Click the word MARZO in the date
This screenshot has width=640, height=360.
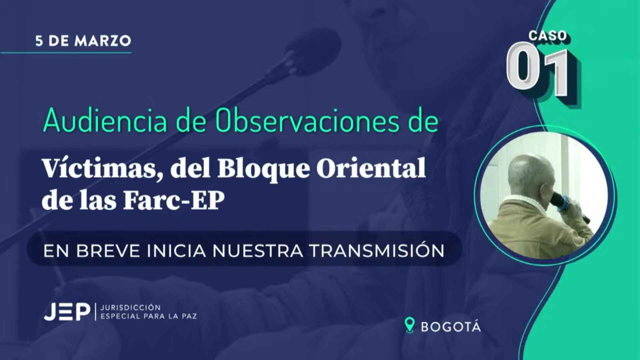103,41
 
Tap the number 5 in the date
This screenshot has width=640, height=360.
39,41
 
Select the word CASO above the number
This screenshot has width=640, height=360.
548,36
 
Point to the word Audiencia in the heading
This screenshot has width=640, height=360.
105,121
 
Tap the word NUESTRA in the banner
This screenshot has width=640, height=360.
258,251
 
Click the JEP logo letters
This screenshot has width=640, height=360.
67,312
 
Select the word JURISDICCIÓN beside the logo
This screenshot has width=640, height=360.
131,307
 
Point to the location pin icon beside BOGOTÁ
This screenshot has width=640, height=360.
409,325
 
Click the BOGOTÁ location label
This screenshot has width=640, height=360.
451,327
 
